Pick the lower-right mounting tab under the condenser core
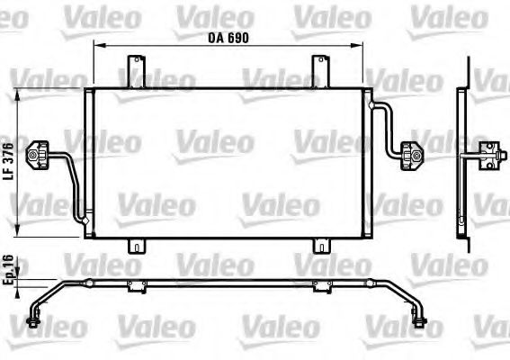tap(320, 246)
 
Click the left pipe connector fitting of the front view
tap(40, 157)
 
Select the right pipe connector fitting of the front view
tap(416, 157)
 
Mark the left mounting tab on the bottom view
tap(136, 287)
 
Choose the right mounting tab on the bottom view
tap(319, 287)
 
